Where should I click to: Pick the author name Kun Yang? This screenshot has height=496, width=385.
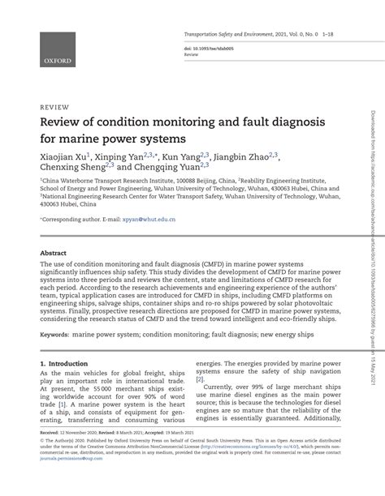184,158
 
